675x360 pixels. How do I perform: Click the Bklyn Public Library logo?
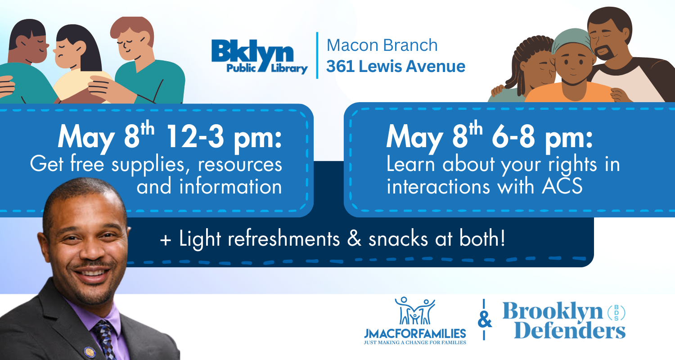point(260,56)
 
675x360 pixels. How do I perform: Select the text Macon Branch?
point(382,45)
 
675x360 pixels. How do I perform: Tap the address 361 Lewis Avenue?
point(396,67)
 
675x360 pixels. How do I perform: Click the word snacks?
point(401,239)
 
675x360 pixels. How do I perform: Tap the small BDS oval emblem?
point(616,311)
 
